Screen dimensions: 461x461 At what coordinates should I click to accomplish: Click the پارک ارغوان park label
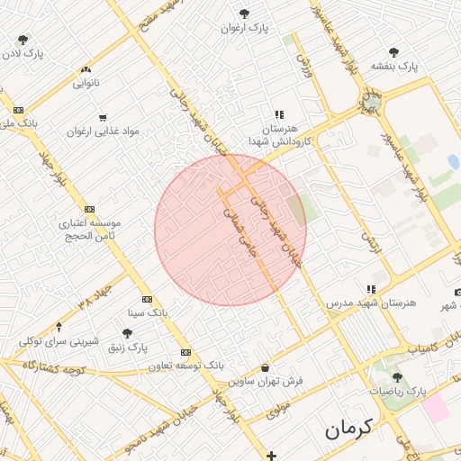coord(245,28)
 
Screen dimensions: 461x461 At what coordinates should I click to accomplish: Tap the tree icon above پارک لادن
coord(23,40)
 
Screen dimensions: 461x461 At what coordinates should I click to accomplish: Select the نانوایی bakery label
coord(86,83)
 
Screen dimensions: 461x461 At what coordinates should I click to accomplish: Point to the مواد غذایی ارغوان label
coord(102,131)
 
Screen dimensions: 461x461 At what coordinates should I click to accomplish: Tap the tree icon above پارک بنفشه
coord(394,52)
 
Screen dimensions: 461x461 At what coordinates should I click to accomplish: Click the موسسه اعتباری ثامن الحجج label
coord(90,229)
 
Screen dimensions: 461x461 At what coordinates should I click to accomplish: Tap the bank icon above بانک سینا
coord(148,300)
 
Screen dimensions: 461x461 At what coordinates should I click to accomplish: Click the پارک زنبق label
coord(127,347)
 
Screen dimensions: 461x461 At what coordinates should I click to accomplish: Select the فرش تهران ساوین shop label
coord(266,381)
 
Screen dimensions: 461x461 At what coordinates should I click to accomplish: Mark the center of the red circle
coord(230,230)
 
